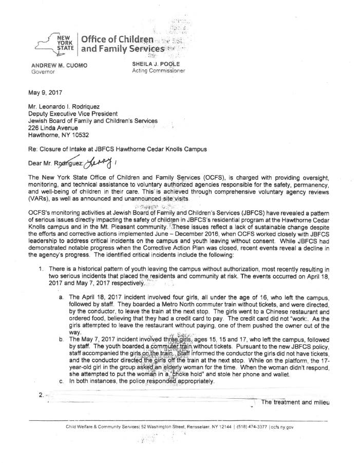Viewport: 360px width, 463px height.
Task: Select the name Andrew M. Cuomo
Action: point(59,65)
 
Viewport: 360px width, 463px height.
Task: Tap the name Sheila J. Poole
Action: point(156,64)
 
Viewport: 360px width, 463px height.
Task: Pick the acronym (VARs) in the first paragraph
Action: point(44,199)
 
